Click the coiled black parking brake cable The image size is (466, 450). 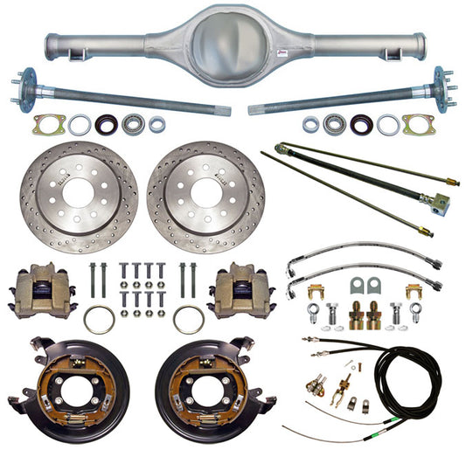412,376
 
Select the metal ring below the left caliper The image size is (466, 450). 99,319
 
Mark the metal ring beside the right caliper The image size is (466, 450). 188,318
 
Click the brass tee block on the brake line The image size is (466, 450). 436,203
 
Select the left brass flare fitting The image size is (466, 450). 358,312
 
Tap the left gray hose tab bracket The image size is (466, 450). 355,286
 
